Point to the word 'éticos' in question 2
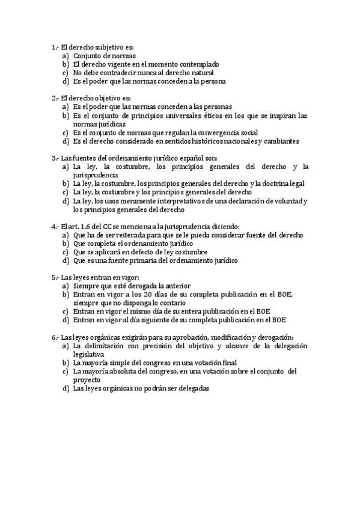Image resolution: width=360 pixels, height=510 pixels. (216, 115)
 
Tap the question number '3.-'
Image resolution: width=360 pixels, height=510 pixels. (55, 158)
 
